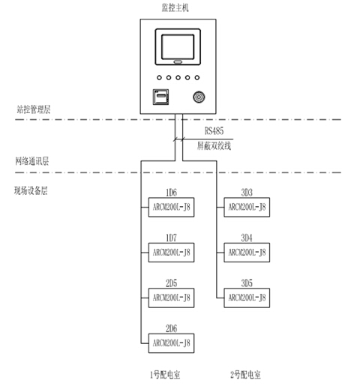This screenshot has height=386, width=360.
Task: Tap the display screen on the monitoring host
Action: click(178, 44)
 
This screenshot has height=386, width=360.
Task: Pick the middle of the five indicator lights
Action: click(178, 77)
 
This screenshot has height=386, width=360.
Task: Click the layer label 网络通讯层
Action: click(31, 161)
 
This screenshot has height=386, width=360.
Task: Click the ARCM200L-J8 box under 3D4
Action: click(247, 253)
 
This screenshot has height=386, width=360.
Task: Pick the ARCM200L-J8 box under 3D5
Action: click(247, 298)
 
